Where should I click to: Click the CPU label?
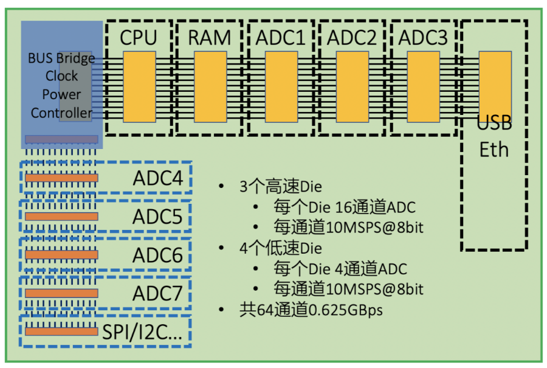(138, 38)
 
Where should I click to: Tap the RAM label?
(209, 38)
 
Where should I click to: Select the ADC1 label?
(280, 38)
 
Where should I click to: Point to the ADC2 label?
(352, 38)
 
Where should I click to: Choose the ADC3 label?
(424, 38)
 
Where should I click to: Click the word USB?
(494, 124)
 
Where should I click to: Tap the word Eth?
(494, 149)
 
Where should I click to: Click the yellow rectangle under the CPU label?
(139, 86)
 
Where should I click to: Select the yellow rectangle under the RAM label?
(210, 86)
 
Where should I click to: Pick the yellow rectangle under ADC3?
(424, 86)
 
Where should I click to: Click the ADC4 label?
(157, 179)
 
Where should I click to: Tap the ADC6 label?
(157, 255)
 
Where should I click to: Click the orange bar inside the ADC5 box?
(61, 216)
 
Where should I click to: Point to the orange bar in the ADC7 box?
(61, 293)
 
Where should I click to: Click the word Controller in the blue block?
(61, 113)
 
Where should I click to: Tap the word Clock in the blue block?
(61, 76)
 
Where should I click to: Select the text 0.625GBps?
(346, 310)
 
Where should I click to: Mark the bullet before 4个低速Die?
(223, 248)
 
